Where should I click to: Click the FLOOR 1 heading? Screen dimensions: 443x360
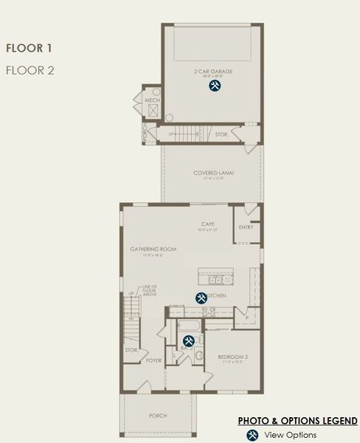coord(29,49)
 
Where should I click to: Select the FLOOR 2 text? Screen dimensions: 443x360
coord(29,70)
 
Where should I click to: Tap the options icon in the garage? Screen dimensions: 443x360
coord(215,86)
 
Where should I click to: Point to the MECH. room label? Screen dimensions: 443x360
coord(153,100)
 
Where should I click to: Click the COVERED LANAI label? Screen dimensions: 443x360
coord(214,174)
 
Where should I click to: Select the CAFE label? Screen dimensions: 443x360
coord(209,224)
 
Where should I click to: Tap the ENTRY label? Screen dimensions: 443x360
coord(246,227)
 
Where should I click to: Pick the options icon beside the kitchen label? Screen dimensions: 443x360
coord(201,298)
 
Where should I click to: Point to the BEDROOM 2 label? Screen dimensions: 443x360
coord(233,358)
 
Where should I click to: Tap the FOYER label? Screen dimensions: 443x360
coord(153,360)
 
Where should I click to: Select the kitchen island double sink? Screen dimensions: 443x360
coord(219,281)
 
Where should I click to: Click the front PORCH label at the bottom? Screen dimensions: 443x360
coord(158,416)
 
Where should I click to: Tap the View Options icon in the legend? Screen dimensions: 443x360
coord(252,435)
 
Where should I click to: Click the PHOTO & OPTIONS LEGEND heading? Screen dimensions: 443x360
coord(297,421)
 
